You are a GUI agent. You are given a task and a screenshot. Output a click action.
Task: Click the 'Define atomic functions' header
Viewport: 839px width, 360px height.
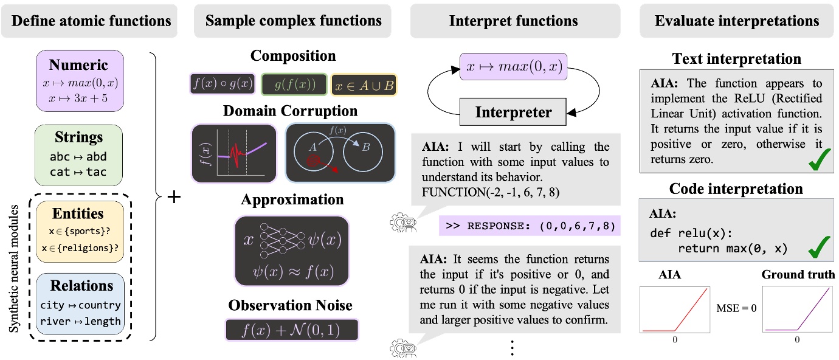tap(91, 21)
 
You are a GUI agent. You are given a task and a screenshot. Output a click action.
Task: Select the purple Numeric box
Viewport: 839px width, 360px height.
tap(80, 80)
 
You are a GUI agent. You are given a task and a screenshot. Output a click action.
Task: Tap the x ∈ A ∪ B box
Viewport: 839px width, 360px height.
tap(364, 85)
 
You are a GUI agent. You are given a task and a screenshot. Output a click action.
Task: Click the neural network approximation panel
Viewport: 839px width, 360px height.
tap(292, 250)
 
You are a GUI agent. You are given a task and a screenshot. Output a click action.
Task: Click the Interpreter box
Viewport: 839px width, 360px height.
tap(514, 112)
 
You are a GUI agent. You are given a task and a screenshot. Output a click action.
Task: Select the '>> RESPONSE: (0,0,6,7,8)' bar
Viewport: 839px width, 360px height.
tap(530, 227)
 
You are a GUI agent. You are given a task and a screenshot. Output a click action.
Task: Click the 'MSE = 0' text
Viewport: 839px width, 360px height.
tap(735, 308)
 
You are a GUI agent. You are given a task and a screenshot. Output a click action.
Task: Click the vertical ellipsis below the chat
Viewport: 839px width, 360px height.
tap(512, 347)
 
